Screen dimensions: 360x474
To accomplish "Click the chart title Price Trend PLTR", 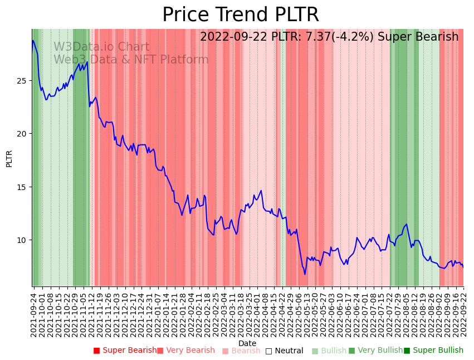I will pos(241,15).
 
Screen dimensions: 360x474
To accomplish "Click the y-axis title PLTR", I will pos(9,158).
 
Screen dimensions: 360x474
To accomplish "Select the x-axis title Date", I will pos(247,343).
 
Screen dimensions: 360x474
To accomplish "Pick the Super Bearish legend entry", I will pos(125,351).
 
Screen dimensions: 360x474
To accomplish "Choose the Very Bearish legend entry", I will pos(185,351).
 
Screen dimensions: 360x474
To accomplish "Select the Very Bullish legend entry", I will pos(375,351).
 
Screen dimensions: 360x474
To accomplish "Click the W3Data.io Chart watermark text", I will pos(101,47).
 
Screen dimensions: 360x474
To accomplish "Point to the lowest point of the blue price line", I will pos(305,274).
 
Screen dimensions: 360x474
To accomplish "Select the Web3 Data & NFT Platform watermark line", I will pos(131,60).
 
